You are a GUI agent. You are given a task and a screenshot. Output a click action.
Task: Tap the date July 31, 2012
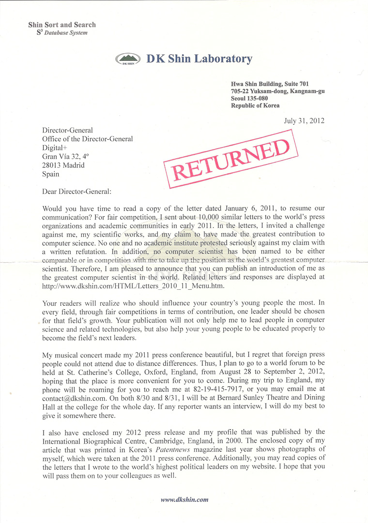pyautogui.click(x=304, y=120)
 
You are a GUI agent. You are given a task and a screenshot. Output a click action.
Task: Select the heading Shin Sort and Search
pyautogui.click(x=62, y=25)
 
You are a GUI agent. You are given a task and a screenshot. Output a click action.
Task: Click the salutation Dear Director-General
pyautogui.click(x=77, y=192)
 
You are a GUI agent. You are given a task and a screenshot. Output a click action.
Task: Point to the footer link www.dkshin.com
pyautogui.click(x=184, y=500)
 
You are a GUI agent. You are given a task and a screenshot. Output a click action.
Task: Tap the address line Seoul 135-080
pyautogui.click(x=249, y=98)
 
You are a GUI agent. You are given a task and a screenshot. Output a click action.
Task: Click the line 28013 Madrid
pyautogui.click(x=63, y=165)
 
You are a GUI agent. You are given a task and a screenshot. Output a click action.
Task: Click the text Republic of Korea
pyautogui.click(x=255, y=105)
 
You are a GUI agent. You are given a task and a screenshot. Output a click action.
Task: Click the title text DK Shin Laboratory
pyautogui.click(x=199, y=59)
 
